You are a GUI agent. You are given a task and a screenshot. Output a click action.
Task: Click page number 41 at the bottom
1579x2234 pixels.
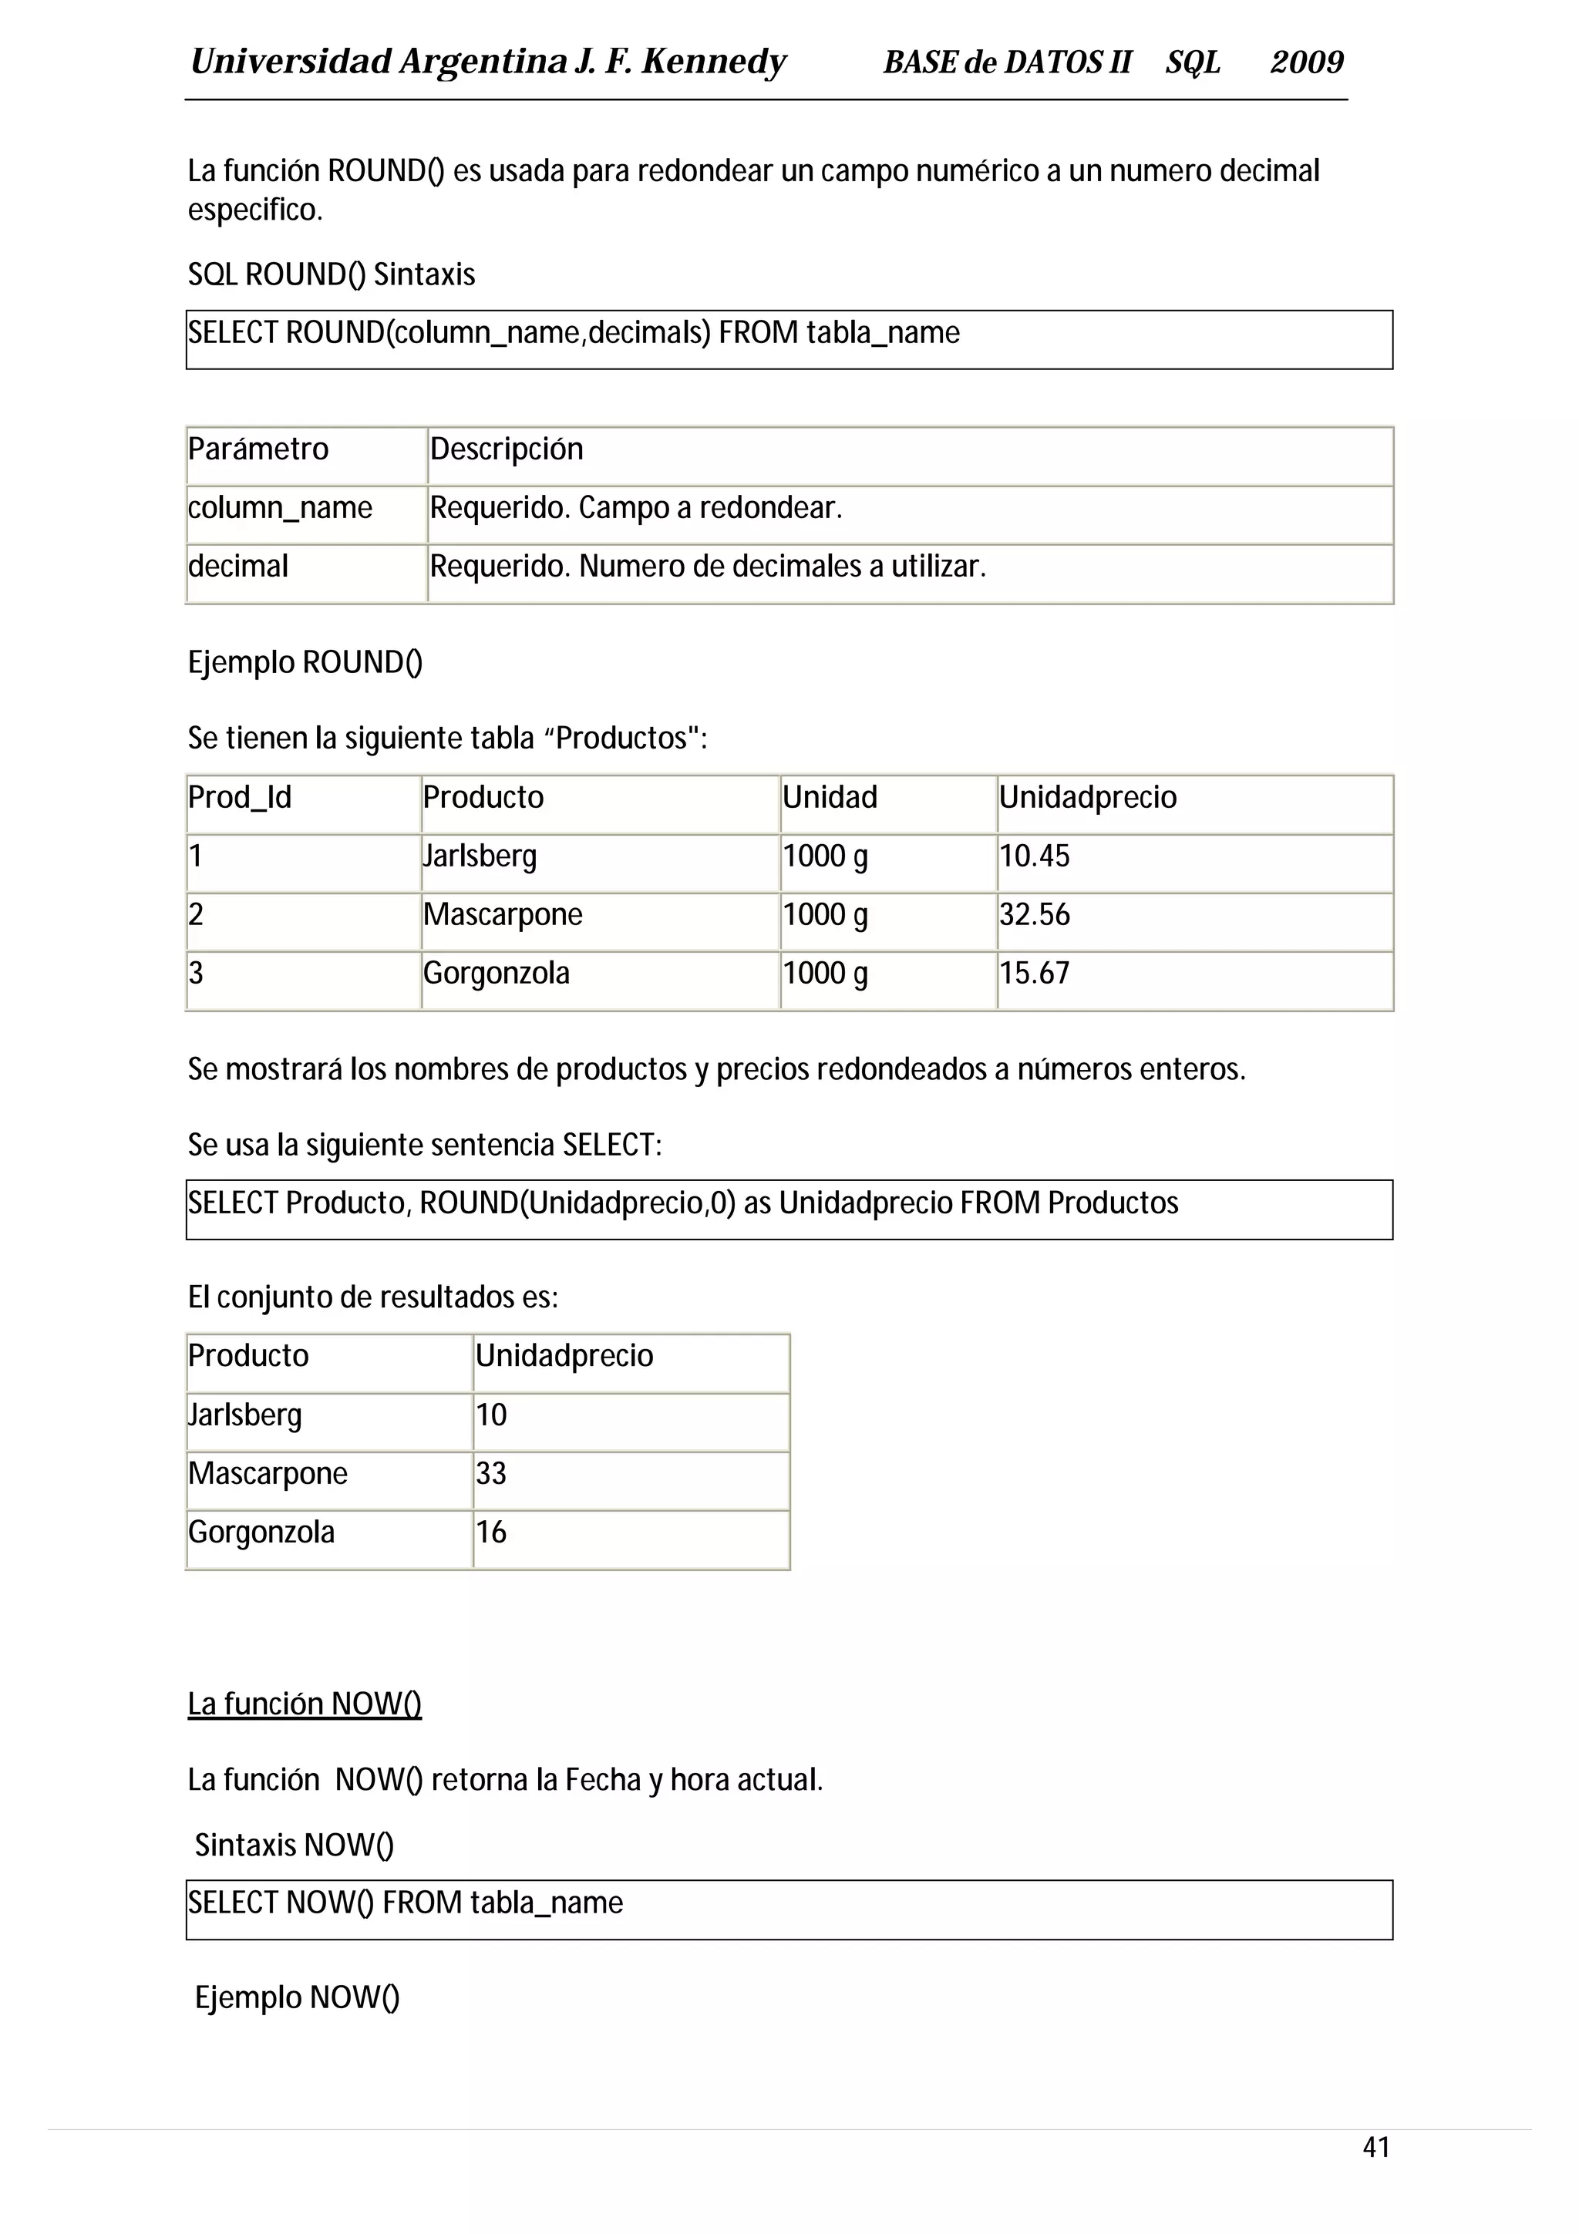[1375, 2146]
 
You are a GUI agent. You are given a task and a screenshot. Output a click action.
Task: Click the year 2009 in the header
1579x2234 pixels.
[1307, 62]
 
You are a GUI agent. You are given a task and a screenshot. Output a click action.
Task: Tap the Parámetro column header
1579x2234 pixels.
[258, 449]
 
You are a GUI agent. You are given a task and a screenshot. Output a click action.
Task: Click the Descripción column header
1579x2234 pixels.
[506, 449]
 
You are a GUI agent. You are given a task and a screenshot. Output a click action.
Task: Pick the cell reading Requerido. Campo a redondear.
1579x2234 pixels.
[635, 508]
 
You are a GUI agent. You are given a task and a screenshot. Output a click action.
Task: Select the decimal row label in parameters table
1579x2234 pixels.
[238, 567]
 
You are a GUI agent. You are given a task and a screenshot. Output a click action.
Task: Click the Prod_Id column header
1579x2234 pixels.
[239, 798]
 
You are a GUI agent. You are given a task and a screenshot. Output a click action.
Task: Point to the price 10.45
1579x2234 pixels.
[1034, 856]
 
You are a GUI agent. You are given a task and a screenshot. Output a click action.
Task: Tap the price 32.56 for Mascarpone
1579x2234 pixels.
[1034, 914]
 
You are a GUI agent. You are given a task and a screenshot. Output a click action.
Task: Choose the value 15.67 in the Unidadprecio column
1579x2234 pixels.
[1034, 973]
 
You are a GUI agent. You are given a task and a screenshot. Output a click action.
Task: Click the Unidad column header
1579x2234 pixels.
[830, 798]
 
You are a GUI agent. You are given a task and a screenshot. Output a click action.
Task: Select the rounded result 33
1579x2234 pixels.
[491, 1473]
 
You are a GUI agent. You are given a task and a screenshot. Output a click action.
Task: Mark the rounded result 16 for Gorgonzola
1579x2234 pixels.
[491, 1532]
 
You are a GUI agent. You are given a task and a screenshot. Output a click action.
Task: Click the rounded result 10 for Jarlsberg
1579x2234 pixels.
[491, 1415]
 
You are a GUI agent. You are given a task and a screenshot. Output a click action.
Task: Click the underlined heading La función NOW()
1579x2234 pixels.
[305, 1704]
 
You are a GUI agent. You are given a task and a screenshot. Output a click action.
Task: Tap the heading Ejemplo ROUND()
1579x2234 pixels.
[305, 663]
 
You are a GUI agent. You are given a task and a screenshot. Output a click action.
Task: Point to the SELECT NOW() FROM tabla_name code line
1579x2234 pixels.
[406, 1903]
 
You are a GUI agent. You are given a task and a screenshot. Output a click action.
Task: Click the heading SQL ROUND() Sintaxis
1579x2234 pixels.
[331, 275]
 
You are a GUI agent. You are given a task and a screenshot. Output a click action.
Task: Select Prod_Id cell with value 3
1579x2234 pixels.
[197, 973]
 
